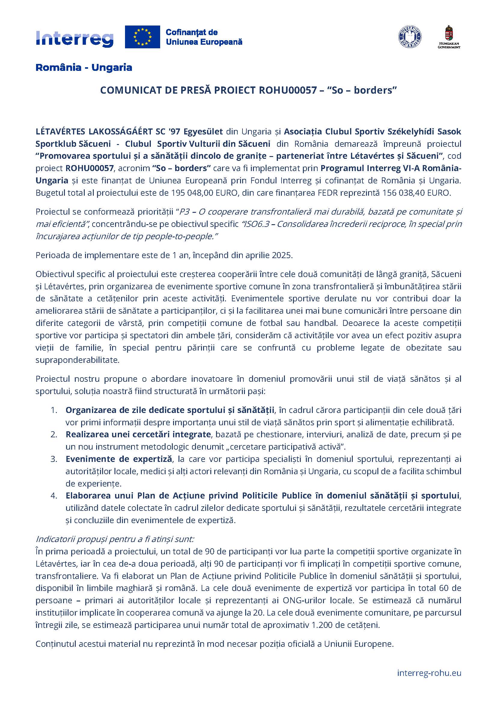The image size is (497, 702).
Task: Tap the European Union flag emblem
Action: tap(142, 37)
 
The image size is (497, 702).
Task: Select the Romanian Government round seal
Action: tap(410, 37)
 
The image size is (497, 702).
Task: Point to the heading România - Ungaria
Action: tap(84, 68)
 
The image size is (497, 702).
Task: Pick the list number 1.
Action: tap(54, 410)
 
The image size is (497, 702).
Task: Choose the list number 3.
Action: tap(54, 459)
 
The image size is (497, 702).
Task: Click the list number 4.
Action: tap(54, 496)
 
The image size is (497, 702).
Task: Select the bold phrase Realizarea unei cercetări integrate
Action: tap(138, 435)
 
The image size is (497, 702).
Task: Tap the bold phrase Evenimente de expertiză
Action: tap(119, 459)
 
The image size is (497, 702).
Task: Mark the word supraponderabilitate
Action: tap(77, 360)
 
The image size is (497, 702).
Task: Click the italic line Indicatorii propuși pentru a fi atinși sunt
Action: tap(115, 539)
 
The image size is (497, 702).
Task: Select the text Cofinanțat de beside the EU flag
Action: tap(192, 32)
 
